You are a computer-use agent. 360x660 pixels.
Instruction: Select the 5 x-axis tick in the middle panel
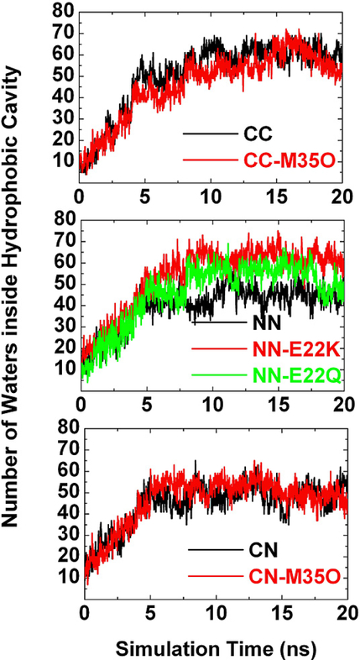146,402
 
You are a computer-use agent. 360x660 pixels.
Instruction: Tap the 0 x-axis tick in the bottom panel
81,608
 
